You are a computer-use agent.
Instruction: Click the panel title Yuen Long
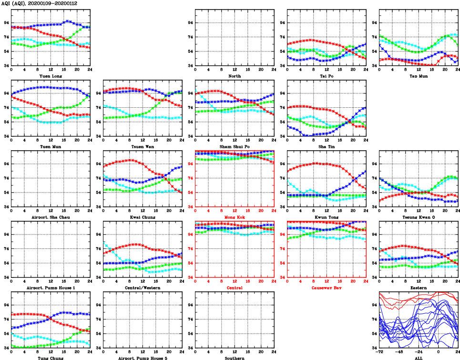point(50,76)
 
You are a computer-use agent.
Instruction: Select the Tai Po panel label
point(327,76)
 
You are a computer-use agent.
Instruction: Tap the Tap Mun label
point(418,76)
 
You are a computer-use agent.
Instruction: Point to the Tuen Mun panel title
point(50,146)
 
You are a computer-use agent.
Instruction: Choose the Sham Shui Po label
point(234,146)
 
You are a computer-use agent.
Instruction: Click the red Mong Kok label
point(234,217)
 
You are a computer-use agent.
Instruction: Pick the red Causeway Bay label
point(327,288)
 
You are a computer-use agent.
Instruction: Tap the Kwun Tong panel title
point(327,217)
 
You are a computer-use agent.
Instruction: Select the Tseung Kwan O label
point(418,217)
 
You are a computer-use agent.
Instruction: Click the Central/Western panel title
point(143,288)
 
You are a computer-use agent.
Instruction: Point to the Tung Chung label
point(50,358)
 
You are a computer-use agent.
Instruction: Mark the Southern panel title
point(234,358)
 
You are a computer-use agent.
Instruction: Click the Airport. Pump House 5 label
point(143,358)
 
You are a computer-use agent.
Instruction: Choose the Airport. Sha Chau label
point(50,217)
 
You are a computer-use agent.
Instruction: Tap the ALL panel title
point(418,358)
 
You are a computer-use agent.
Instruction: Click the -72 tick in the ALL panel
point(380,352)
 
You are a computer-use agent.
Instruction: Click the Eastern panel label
point(418,288)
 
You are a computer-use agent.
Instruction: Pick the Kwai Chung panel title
point(143,217)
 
